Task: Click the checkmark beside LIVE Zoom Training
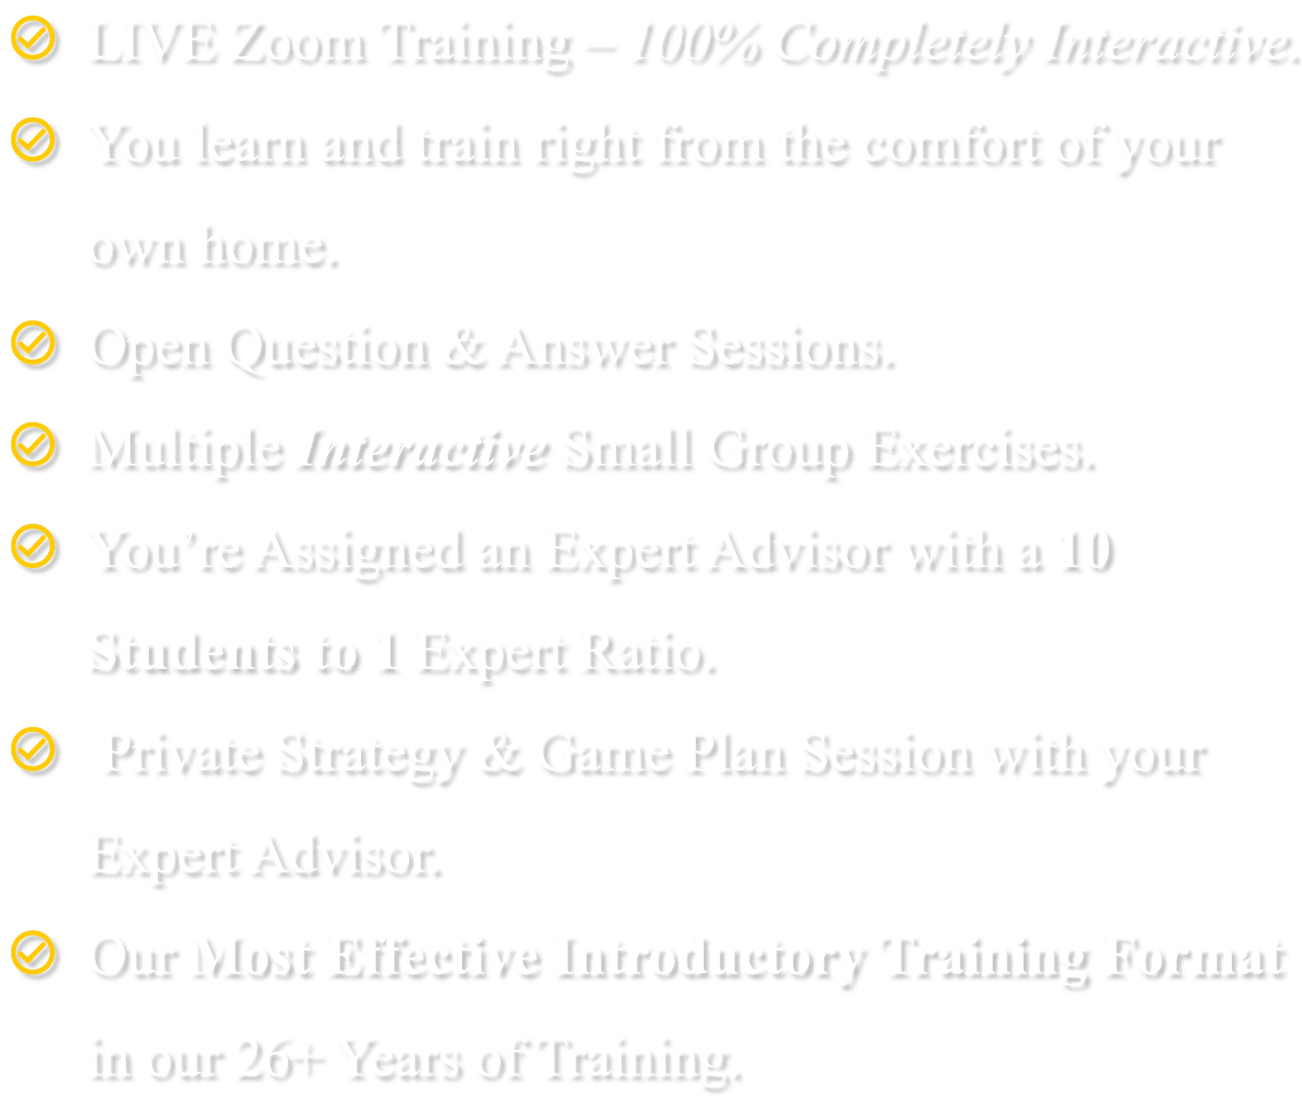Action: pos(33,39)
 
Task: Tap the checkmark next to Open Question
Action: pos(33,343)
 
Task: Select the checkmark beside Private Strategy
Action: pos(33,750)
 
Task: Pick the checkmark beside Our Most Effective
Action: pos(33,953)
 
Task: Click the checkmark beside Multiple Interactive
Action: pos(33,444)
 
